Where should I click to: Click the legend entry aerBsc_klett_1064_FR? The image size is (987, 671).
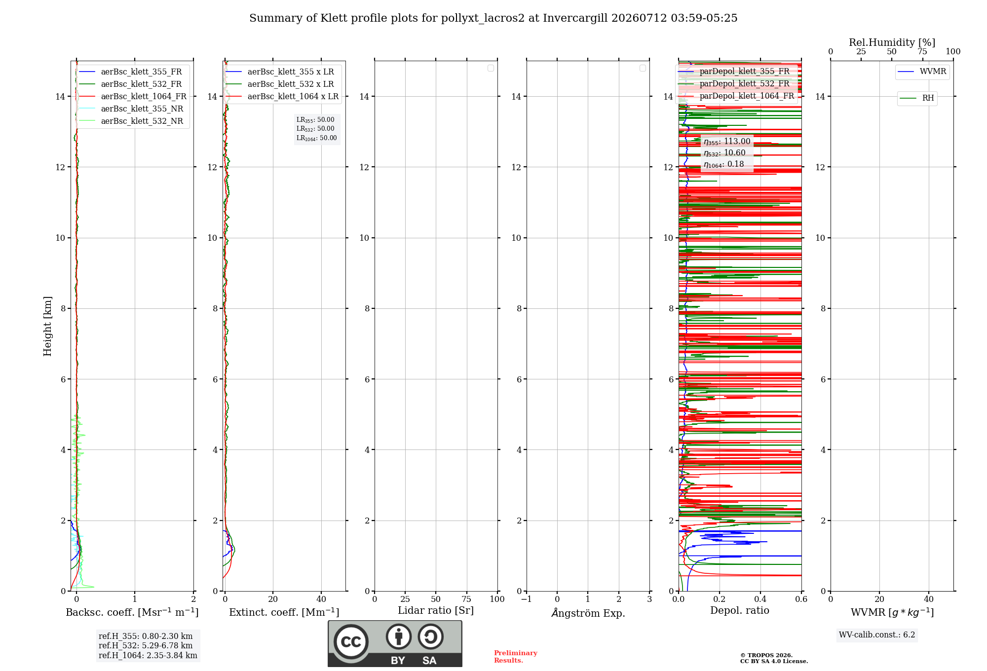(133, 96)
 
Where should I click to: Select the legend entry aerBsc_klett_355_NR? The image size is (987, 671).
(131, 109)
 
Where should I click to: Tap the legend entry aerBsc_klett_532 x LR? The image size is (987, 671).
(280, 84)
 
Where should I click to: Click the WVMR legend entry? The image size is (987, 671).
(922, 72)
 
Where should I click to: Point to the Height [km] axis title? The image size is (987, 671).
(47, 326)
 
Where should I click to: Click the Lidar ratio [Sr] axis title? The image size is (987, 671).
(436, 610)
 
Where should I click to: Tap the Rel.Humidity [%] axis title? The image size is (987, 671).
(892, 42)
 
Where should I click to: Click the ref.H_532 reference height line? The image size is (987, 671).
(146, 645)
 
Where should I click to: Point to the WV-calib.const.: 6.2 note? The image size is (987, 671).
(877, 634)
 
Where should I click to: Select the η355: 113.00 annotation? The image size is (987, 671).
(727, 142)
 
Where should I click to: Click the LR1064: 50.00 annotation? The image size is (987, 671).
(316, 138)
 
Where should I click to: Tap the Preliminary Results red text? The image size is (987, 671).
(516, 657)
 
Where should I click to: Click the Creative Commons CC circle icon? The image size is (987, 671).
(351, 642)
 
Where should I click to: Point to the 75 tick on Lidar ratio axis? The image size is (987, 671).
(466, 599)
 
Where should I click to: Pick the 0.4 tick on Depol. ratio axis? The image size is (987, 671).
(760, 599)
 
